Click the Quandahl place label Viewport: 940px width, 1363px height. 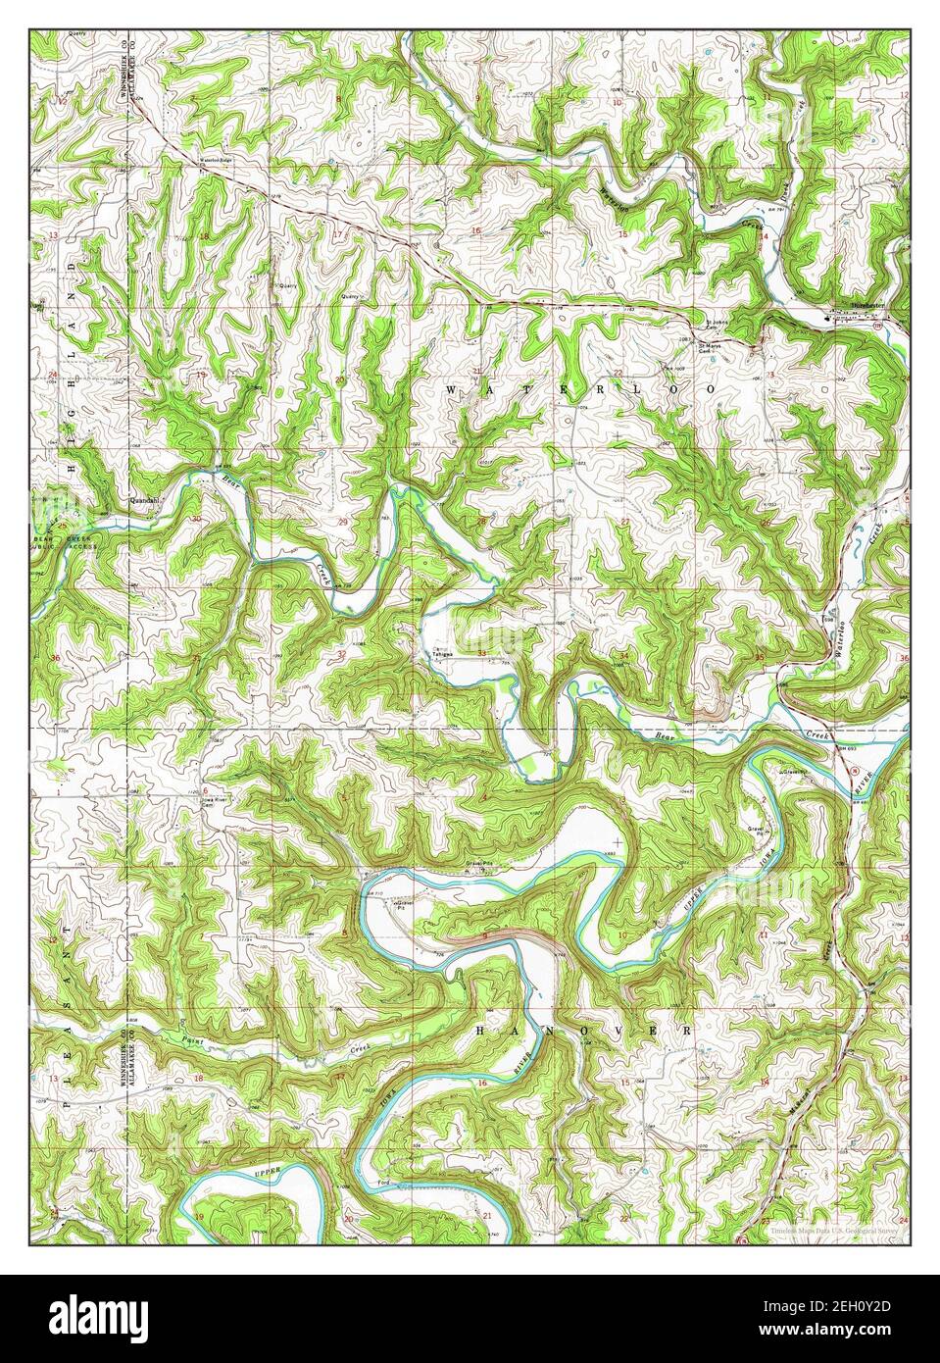click(144, 498)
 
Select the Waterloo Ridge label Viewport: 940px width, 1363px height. click(215, 159)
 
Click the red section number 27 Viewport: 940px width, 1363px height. click(624, 522)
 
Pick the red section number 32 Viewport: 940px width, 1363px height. click(341, 653)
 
